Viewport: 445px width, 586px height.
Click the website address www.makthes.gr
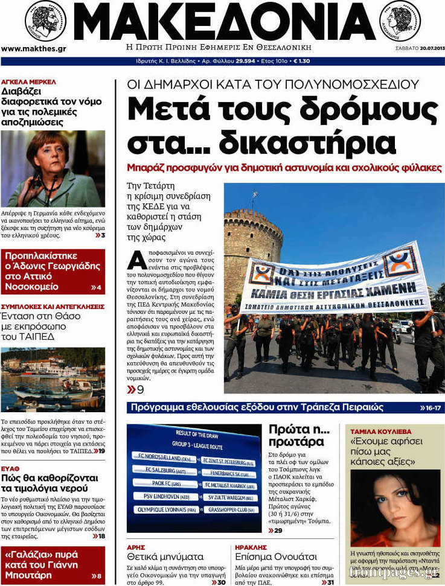(x=34, y=49)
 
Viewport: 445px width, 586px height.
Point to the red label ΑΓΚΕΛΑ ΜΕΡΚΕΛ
(x=28, y=81)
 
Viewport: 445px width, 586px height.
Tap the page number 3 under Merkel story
(x=103, y=235)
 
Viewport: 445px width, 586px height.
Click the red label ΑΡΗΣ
(x=136, y=547)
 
